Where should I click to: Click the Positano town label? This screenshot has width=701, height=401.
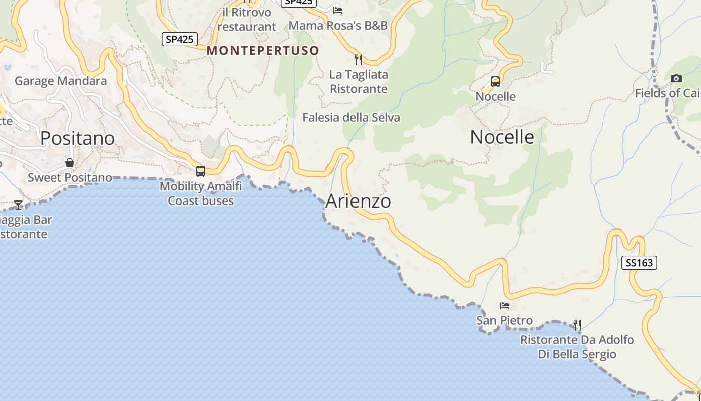coord(77,138)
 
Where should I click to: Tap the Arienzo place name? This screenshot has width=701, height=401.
coord(358,201)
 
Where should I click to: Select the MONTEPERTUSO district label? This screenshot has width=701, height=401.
coord(263,51)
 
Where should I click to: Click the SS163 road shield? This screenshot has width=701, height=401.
coord(639,263)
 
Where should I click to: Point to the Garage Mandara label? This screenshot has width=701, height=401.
coord(61,81)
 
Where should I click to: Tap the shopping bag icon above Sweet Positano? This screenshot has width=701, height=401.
coord(70,163)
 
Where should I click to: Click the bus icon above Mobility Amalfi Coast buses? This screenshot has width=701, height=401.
coord(201,171)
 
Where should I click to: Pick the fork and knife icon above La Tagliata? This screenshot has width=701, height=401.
coord(358,60)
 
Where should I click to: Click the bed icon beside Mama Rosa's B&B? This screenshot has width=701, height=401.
coord(338,10)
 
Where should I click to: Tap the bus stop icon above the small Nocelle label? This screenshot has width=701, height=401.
coord(495,81)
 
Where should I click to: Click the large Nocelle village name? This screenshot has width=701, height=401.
coord(502,137)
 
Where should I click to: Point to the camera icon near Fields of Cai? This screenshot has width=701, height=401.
coord(676,78)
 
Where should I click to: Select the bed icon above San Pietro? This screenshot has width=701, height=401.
coord(504,305)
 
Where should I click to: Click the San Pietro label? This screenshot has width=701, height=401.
coord(504,320)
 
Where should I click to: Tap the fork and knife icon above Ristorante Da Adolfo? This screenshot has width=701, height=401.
coord(577,325)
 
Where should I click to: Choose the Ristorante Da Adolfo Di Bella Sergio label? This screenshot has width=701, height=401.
coord(577,347)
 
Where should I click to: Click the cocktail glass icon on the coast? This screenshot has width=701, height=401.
coord(18,205)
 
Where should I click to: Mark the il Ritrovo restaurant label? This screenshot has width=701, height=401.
coord(247,20)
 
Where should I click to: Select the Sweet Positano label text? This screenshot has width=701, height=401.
coord(70,177)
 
